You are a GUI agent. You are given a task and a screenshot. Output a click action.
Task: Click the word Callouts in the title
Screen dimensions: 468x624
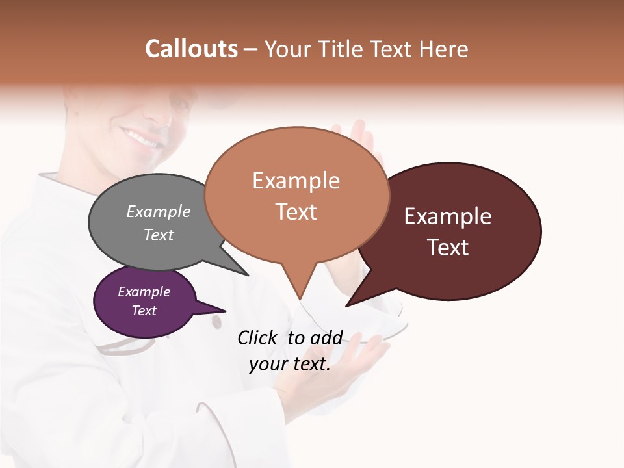[191, 49]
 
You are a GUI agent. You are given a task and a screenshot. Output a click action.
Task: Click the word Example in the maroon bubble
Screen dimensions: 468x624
[448, 216]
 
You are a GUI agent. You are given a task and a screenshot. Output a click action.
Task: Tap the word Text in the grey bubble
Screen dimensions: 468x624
[159, 235]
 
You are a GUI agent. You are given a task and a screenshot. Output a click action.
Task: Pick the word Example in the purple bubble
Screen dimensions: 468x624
[144, 292]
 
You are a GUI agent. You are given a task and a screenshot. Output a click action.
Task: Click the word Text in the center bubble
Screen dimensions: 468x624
[296, 212]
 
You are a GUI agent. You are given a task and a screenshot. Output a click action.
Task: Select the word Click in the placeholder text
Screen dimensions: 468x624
[259, 337]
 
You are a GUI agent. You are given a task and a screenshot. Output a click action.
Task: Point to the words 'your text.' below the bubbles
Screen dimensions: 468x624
[290, 364]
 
